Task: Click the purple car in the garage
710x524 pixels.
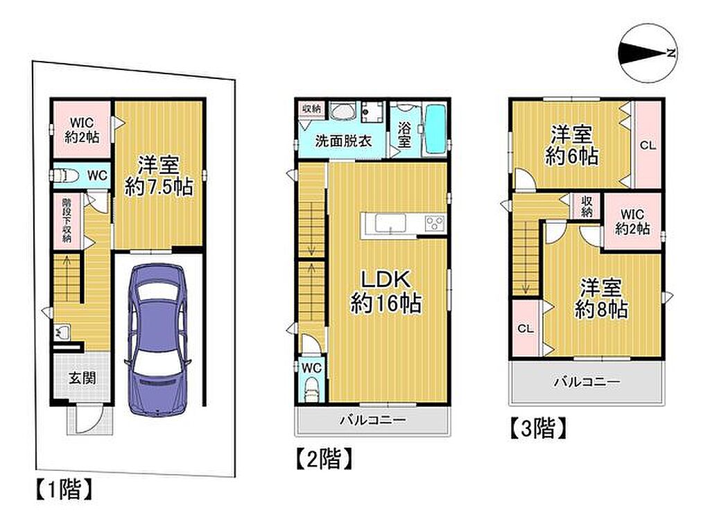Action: [157, 340]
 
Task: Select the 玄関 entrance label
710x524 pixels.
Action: [83, 378]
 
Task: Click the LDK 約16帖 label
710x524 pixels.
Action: [386, 291]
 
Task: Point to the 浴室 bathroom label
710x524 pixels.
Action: [404, 134]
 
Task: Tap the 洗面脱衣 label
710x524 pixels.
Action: [343, 141]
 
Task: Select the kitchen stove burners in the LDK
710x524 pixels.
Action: [434, 223]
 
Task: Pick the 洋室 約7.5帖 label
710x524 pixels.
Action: [159, 175]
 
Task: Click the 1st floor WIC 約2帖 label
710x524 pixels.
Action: [82, 130]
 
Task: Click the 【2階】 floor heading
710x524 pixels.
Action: [324, 458]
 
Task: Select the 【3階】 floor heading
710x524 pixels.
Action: [538, 428]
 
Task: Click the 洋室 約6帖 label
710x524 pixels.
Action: [571, 146]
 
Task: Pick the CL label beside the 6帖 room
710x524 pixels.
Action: [648, 146]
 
